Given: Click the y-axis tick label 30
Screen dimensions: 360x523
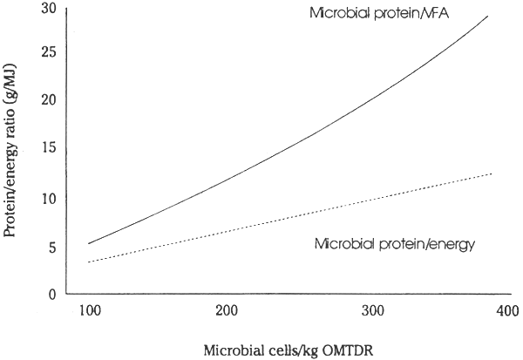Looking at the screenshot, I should pos(51,10).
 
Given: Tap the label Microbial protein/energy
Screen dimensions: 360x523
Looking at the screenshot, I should pos(393,244).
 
